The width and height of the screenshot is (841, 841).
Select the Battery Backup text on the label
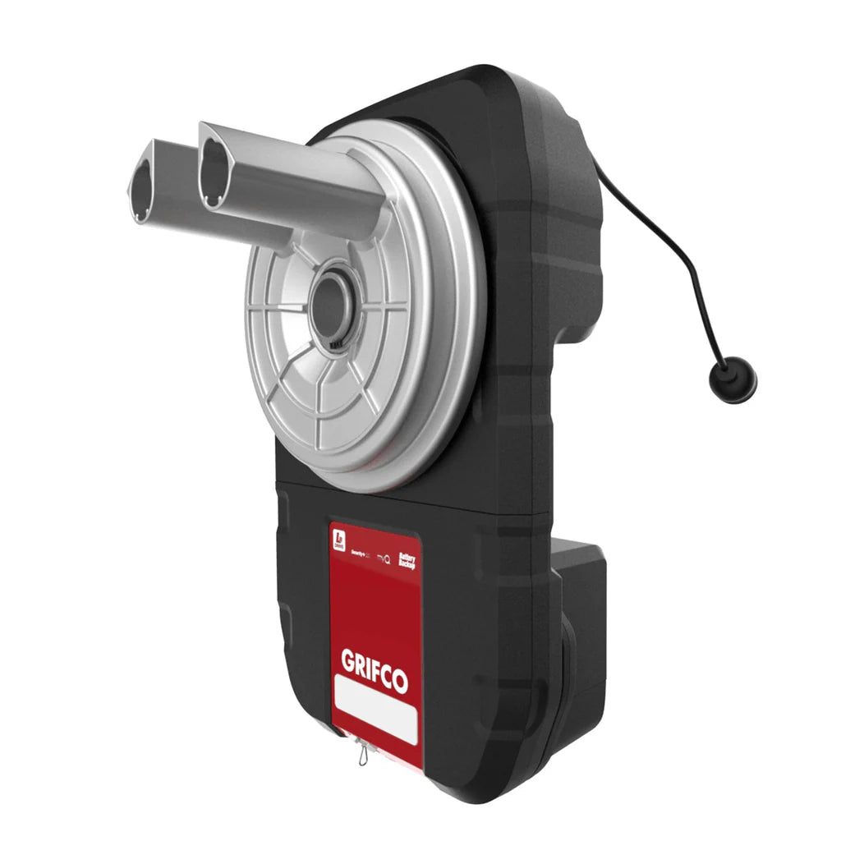pyautogui.click(x=407, y=562)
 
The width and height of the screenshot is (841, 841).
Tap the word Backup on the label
pyautogui.click(x=408, y=566)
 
